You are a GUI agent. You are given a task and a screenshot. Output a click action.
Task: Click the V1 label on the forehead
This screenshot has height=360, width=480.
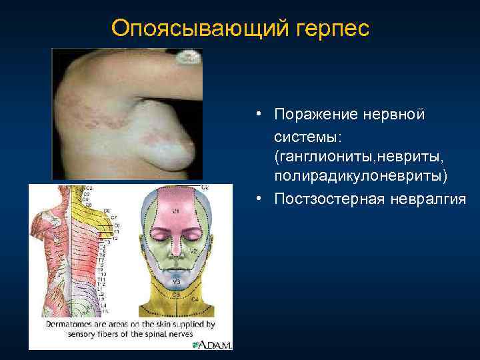[x=177, y=211]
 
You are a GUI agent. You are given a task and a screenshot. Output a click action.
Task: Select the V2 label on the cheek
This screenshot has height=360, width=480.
[x=193, y=251]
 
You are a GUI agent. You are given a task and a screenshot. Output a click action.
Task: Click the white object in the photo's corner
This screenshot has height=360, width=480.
[x=189, y=58]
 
